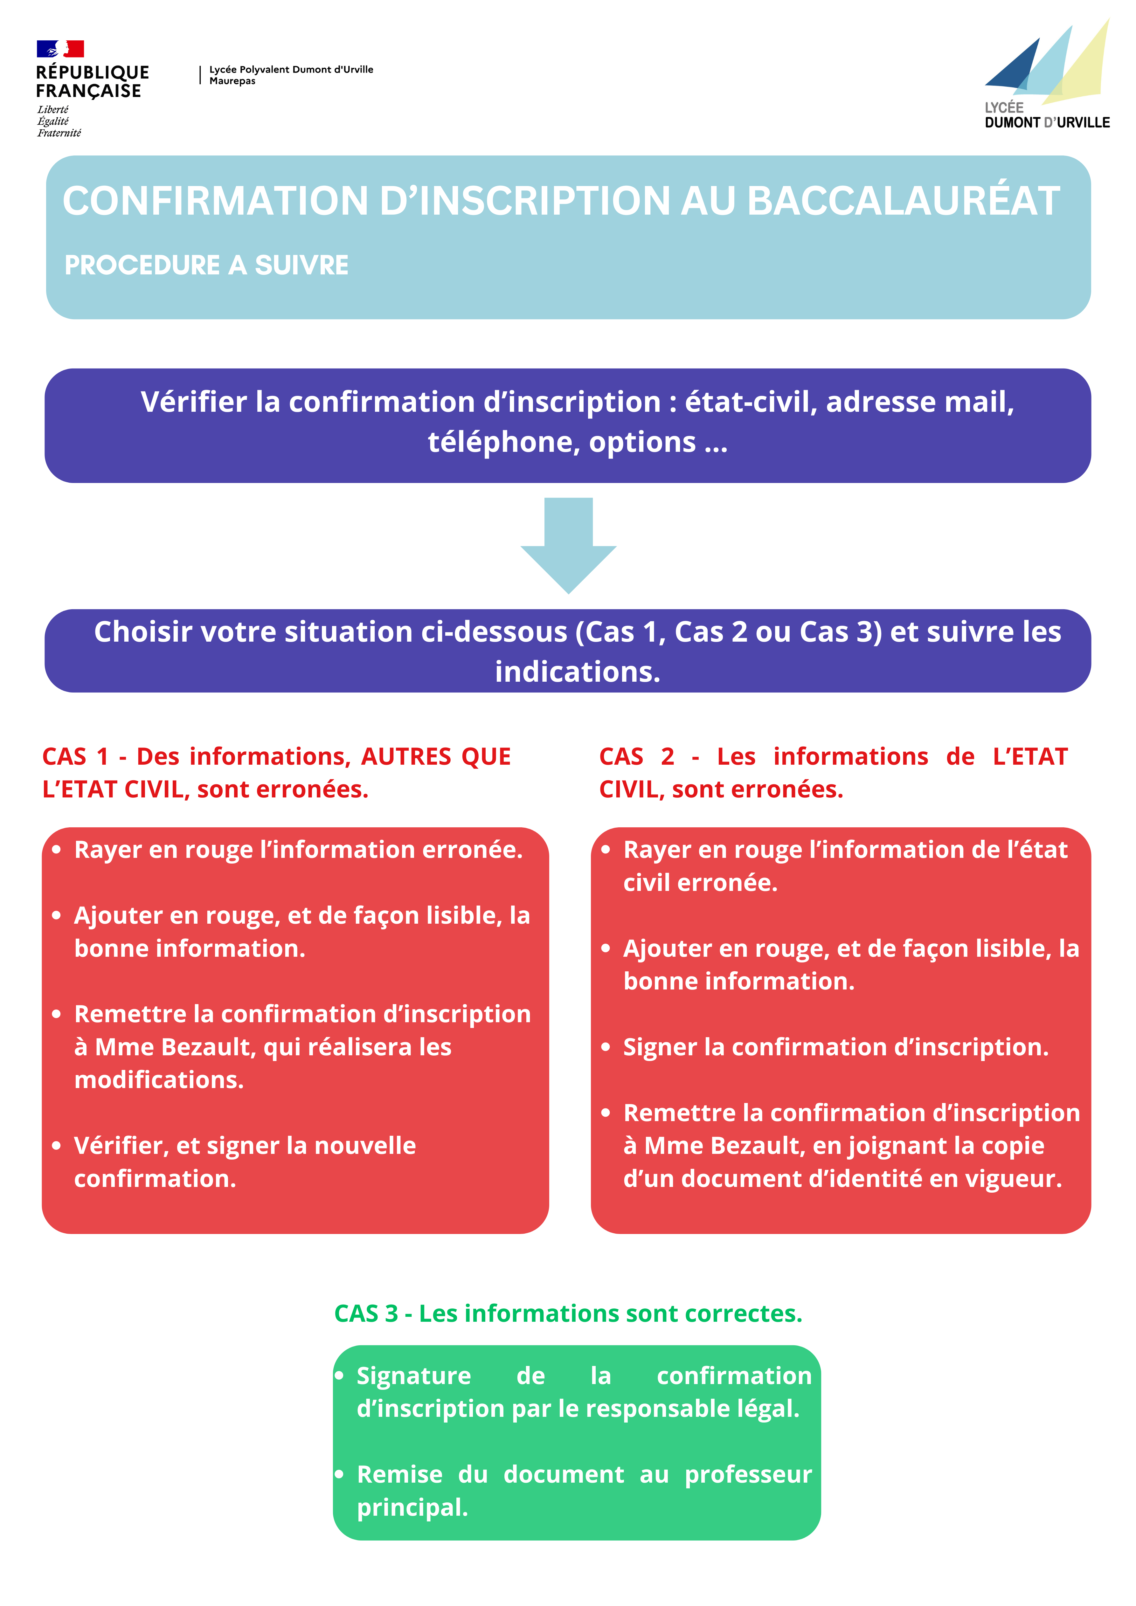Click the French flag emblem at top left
point(60,48)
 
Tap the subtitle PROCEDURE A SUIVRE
point(206,265)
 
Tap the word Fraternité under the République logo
point(59,133)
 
